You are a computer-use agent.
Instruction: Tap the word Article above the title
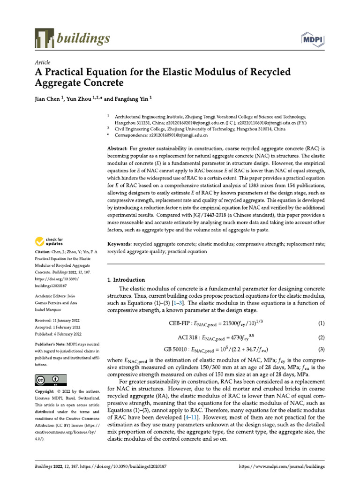[x=43, y=62]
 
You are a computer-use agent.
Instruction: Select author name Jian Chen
[x=49, y=99]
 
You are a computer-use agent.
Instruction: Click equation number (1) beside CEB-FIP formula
[x=322, y=324]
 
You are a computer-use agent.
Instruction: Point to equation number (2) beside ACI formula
[x=322, y=337]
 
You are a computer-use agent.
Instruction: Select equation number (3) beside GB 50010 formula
[x=322, y=349]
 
